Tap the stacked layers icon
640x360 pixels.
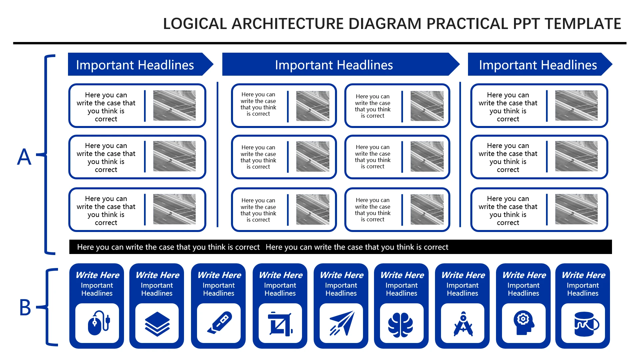point(157,323)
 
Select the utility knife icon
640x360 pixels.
point(219,323)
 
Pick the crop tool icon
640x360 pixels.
point(280,323)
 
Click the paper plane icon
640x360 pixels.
point(342,323)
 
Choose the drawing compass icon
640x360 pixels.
point(463,323)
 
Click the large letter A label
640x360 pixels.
point(24,157)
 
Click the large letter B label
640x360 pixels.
point(25,307)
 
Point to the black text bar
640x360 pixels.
point(341,247)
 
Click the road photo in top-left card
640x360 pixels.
point(174,105)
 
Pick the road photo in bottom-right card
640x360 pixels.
point(576,209)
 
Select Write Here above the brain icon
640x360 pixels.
point(402,275)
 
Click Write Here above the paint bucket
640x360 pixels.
point(583,275)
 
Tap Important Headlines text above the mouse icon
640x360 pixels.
point(97,289)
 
